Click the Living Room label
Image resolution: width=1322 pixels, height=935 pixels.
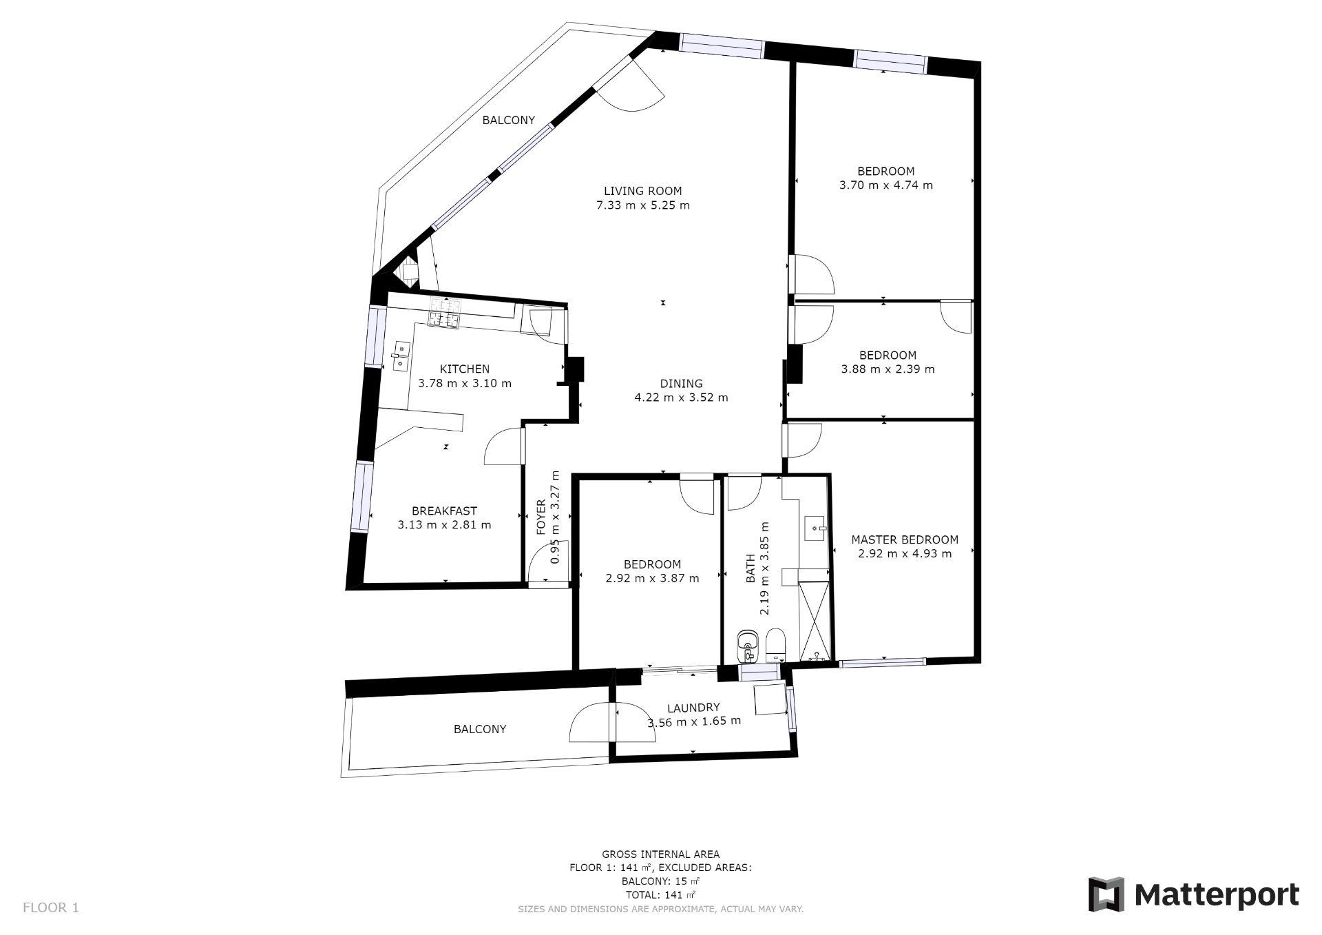point(642,191)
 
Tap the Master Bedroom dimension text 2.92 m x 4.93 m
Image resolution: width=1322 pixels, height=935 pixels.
point(905,553)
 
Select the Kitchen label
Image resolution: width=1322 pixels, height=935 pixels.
point(465,369)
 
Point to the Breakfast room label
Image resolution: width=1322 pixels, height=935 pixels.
point(444,511)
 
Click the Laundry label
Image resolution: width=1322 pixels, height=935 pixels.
point(693,708)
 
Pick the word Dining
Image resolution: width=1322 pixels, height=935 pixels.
point(681,384)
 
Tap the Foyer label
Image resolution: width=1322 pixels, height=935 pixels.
point(541,517)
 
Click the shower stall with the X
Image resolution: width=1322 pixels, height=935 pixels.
point(815,621)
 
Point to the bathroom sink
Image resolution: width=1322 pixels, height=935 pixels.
point(817,528)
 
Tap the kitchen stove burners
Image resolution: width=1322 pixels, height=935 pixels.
point(445,312)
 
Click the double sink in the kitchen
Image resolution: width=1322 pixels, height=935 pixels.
point(400,356)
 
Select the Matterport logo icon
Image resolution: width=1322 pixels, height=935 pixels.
point(1106,895)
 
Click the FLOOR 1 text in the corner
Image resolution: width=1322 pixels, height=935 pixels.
point(51,907)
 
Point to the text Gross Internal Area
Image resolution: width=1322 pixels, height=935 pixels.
point(660,854)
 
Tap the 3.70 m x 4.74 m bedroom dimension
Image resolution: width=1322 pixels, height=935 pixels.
point(886,185)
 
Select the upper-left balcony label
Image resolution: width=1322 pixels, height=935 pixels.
point(508,120)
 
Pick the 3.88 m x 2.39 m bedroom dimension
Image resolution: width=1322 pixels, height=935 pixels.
point(888,369)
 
